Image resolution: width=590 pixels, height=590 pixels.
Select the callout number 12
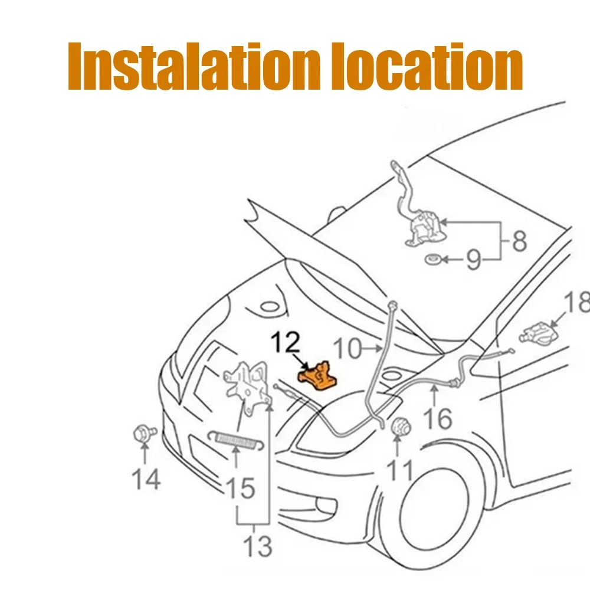(286, 342)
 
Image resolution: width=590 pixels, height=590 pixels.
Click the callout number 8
(519, 241)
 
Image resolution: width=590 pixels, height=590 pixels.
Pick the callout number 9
(474, 259)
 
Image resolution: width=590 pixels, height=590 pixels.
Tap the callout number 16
(438, 418)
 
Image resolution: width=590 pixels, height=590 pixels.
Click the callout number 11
(400, 470)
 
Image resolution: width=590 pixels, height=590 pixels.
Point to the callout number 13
(258, 546)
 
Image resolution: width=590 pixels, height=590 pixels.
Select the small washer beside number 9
(432, 259)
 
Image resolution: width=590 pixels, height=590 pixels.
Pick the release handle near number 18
(538, 333)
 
